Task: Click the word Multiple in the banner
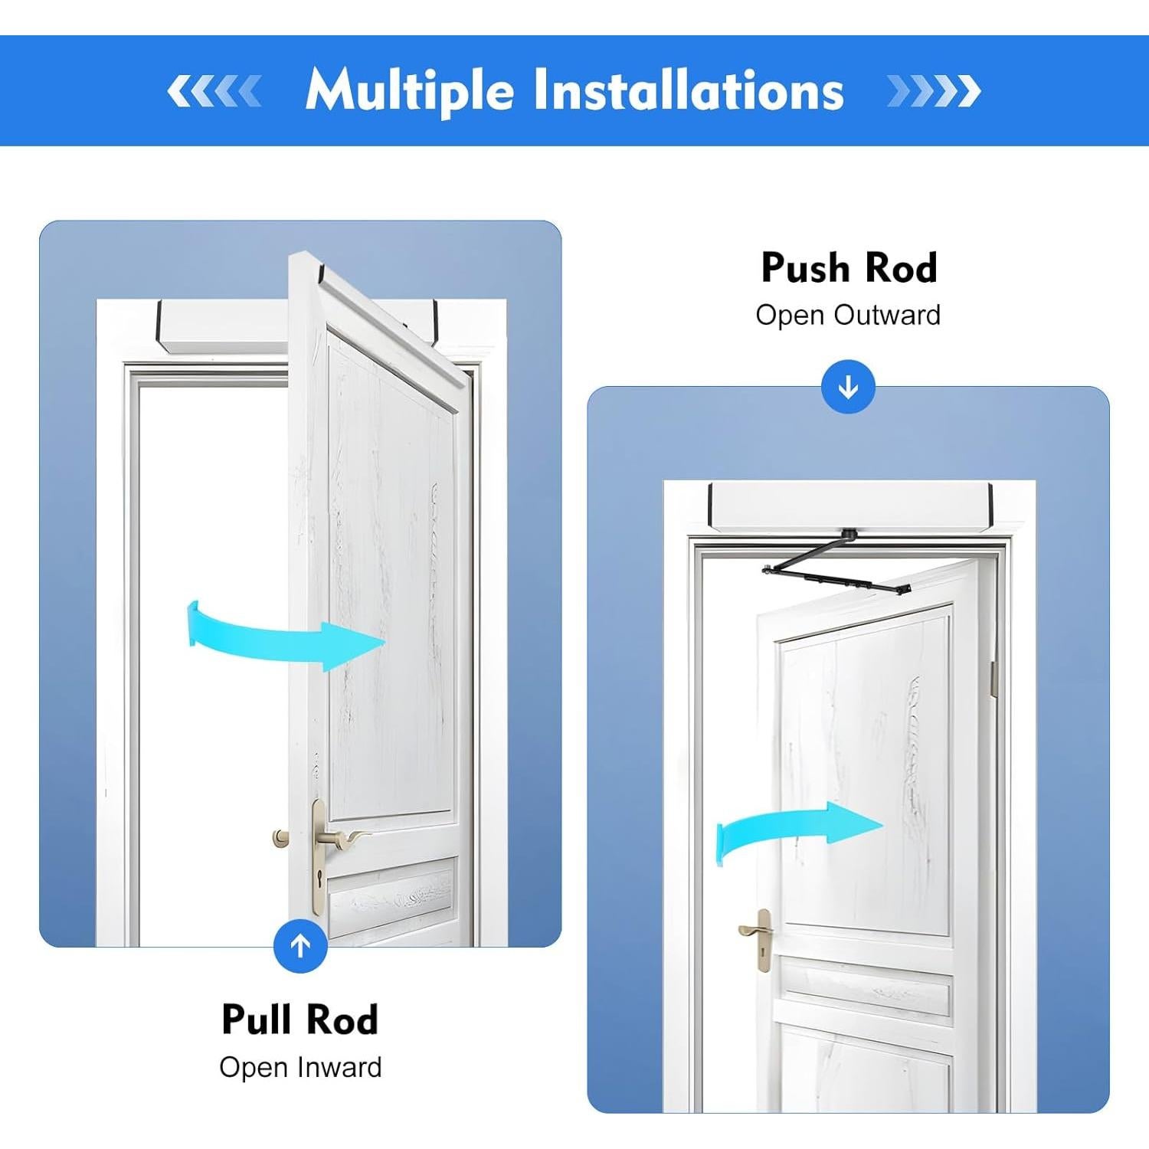pyautogui.click(x=409, y=91)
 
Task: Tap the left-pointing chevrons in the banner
pyautogui.click(x=214, y=91)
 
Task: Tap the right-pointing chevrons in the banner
pyautogui.click(x=933, y=91)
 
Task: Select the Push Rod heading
pyautogui.click(x=849, y=268)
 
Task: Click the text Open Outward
pyautogui.click(x=848, y=315)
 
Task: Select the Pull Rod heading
pyautogui.click(x=300, y=1020)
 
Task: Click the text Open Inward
pyautogui.click(x=300, y=1067)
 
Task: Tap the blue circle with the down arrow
pyautogui.click(x=848, y=387)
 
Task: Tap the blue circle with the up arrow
pyautogui.click(x=300, y=946)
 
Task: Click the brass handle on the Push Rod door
pyautogui.click(x=755, y=931)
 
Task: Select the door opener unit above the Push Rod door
pyautogui.click(x=850, y=506)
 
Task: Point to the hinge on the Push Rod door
pyautogui.click(x=993, y=679)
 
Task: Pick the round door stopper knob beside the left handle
pyautogui.click(x=281, y=837)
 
